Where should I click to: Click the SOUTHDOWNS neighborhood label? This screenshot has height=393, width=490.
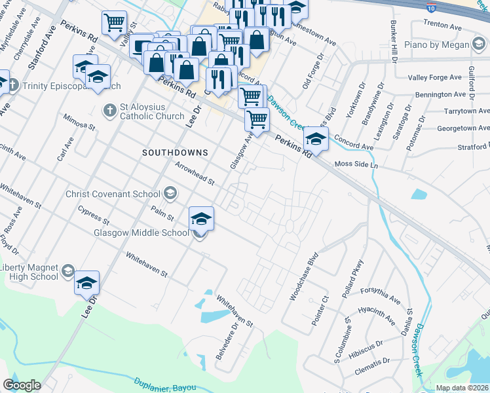(175, 152)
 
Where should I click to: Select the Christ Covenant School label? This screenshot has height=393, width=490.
(113, 193)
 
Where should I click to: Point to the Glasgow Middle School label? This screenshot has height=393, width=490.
(141, 233)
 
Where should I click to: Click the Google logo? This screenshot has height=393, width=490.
(22, 385)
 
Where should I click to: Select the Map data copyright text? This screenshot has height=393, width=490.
(462, 388)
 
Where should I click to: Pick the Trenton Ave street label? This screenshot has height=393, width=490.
(443, 25)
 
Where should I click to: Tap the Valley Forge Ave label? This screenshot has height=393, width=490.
(436, 77)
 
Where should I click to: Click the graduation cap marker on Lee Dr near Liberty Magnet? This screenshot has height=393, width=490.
(86, 284)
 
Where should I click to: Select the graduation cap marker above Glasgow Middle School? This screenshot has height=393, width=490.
(202, 219)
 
